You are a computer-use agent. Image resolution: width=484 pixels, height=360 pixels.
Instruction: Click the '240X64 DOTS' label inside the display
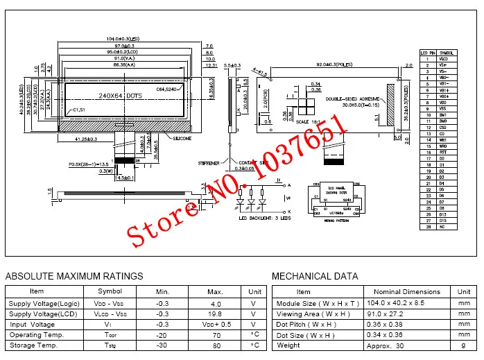pyautogui.click(x=120, y=95)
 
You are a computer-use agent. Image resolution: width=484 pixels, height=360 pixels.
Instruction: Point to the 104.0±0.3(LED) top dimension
pyautogui.click(x=123, y=38)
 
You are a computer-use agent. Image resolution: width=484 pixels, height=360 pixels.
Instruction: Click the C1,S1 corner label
pyautogui.click(x=82, y=111)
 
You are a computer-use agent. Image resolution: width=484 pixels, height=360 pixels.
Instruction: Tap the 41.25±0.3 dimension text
pyautogui.click(x=85, y=139)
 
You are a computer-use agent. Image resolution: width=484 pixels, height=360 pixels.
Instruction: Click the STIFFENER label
pyautogui.click(x=207, y=164)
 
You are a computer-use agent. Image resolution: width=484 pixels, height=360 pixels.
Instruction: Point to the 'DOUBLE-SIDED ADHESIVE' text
pyautogui.click(x=353, y=99)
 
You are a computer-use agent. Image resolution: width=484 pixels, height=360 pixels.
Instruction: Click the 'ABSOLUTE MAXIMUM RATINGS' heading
pyautogui.click(x=74, y=276)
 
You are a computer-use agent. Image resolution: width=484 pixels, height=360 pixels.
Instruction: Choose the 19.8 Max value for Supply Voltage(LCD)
pyautogui.click(x=214, y=314)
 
